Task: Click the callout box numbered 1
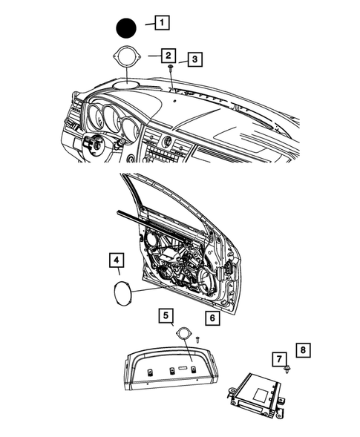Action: (x=162, y=23)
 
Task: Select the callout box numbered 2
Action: (x=168, y=55)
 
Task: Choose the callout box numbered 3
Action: (x=194, y=59)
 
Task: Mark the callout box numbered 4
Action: (x=117, y=260)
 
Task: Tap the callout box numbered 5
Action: (x=167, y=316)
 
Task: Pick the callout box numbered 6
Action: (x=212, y=319)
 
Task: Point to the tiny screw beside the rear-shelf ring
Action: (x=199, y=338)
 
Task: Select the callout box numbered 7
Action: (x=280, y=359)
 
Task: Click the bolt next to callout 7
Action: (x=286, y=369)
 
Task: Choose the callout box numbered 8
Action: (x=303, y=348)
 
